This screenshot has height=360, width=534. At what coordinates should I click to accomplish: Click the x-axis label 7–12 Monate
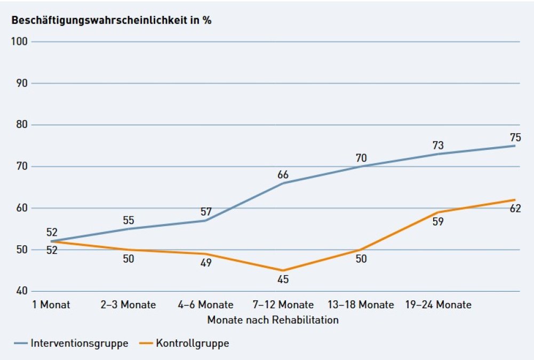(x=283, y=305)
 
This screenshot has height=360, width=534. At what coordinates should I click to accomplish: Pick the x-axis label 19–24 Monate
(x=439, y=305)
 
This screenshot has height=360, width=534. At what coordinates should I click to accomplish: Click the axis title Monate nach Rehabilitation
(x=273, y=320)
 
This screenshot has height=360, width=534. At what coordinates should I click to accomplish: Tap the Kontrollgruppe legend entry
(x=184, y=343)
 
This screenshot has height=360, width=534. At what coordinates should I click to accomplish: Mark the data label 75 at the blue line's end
(x=515, y=138)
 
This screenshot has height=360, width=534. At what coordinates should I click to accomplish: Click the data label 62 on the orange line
(x=515, y=209)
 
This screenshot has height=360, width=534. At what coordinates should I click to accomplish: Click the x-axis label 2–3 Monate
(x=128, y=305)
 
